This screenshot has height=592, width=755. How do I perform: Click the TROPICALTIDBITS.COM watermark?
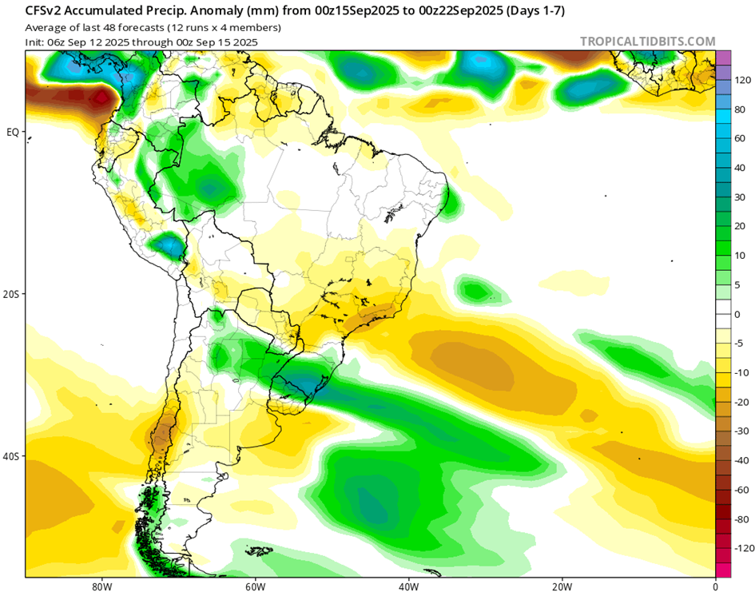tap(647, 42)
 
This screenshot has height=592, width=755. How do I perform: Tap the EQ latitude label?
tap(13, 132)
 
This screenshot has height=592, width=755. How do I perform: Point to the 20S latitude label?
tap(12, 294)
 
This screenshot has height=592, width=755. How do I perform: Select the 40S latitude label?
tap(12, 457)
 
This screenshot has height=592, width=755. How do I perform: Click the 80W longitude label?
tap(101, 585)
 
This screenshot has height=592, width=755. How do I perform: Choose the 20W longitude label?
tap(562, 585)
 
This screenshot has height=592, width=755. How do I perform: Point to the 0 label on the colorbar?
tap(738, 314)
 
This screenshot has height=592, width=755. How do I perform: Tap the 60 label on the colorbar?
tap(741, 138)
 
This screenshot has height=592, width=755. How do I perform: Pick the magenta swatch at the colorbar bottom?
tap(723, 570)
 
